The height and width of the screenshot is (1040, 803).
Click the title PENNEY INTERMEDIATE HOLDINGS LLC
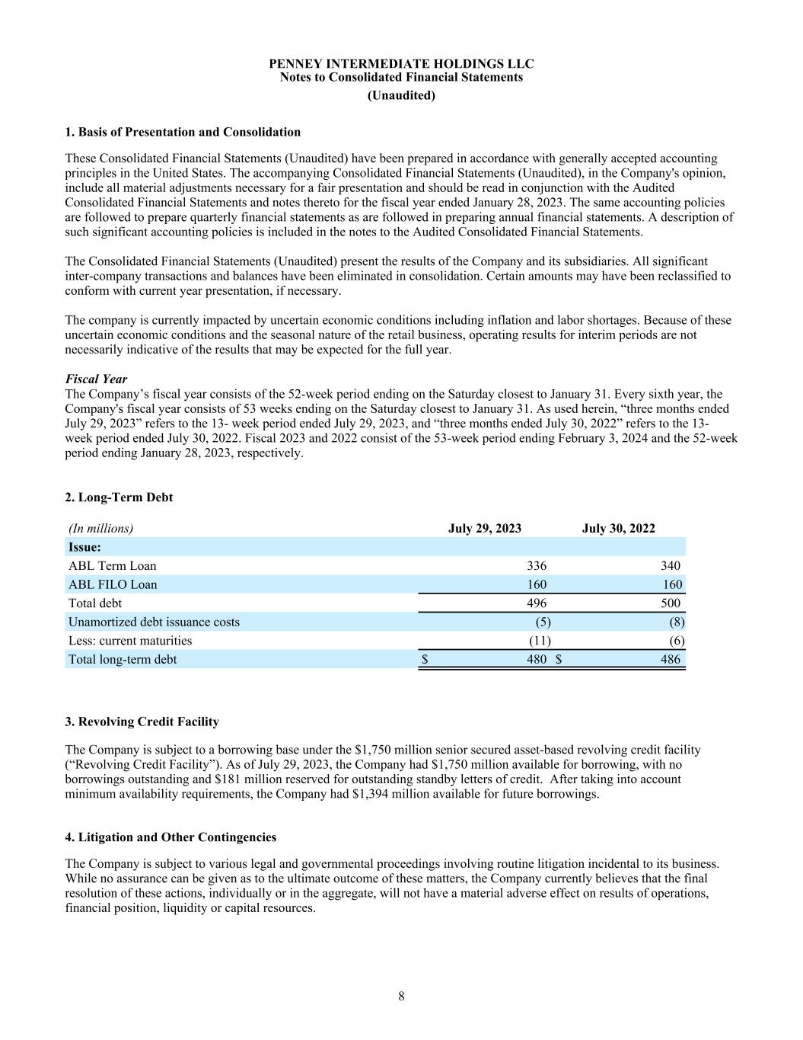coord(401,63)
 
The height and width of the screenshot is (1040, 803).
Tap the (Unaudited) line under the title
coord(401,95)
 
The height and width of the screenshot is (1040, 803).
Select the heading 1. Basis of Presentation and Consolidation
coord(183,132)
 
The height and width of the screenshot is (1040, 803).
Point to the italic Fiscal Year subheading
coord(96,379)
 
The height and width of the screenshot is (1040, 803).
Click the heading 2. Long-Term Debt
coord(119,497)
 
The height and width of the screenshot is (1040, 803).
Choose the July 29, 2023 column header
coord(485,528)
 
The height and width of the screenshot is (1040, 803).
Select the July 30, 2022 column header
coord(618,528)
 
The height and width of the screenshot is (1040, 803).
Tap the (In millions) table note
coord(100,528)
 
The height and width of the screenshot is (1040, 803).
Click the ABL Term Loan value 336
coord(537,565)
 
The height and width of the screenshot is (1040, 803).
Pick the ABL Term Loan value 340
coord(671,565)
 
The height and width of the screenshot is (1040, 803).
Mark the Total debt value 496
coord(537,603)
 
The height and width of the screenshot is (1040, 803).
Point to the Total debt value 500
coord(671,603)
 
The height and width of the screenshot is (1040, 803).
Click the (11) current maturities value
coord(540,640)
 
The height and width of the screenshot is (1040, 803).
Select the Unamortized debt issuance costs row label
coord(154,622)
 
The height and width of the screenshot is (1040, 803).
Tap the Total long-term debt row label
coord(123,659)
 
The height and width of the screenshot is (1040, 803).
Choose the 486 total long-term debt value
coord(671,659)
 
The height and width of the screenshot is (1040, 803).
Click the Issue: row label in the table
coord(85,547)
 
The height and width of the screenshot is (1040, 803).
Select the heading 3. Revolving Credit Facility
coord(142,722)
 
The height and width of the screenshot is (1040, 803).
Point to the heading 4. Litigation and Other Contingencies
coord(170,837)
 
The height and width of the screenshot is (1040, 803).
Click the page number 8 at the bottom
coord(401,997)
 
